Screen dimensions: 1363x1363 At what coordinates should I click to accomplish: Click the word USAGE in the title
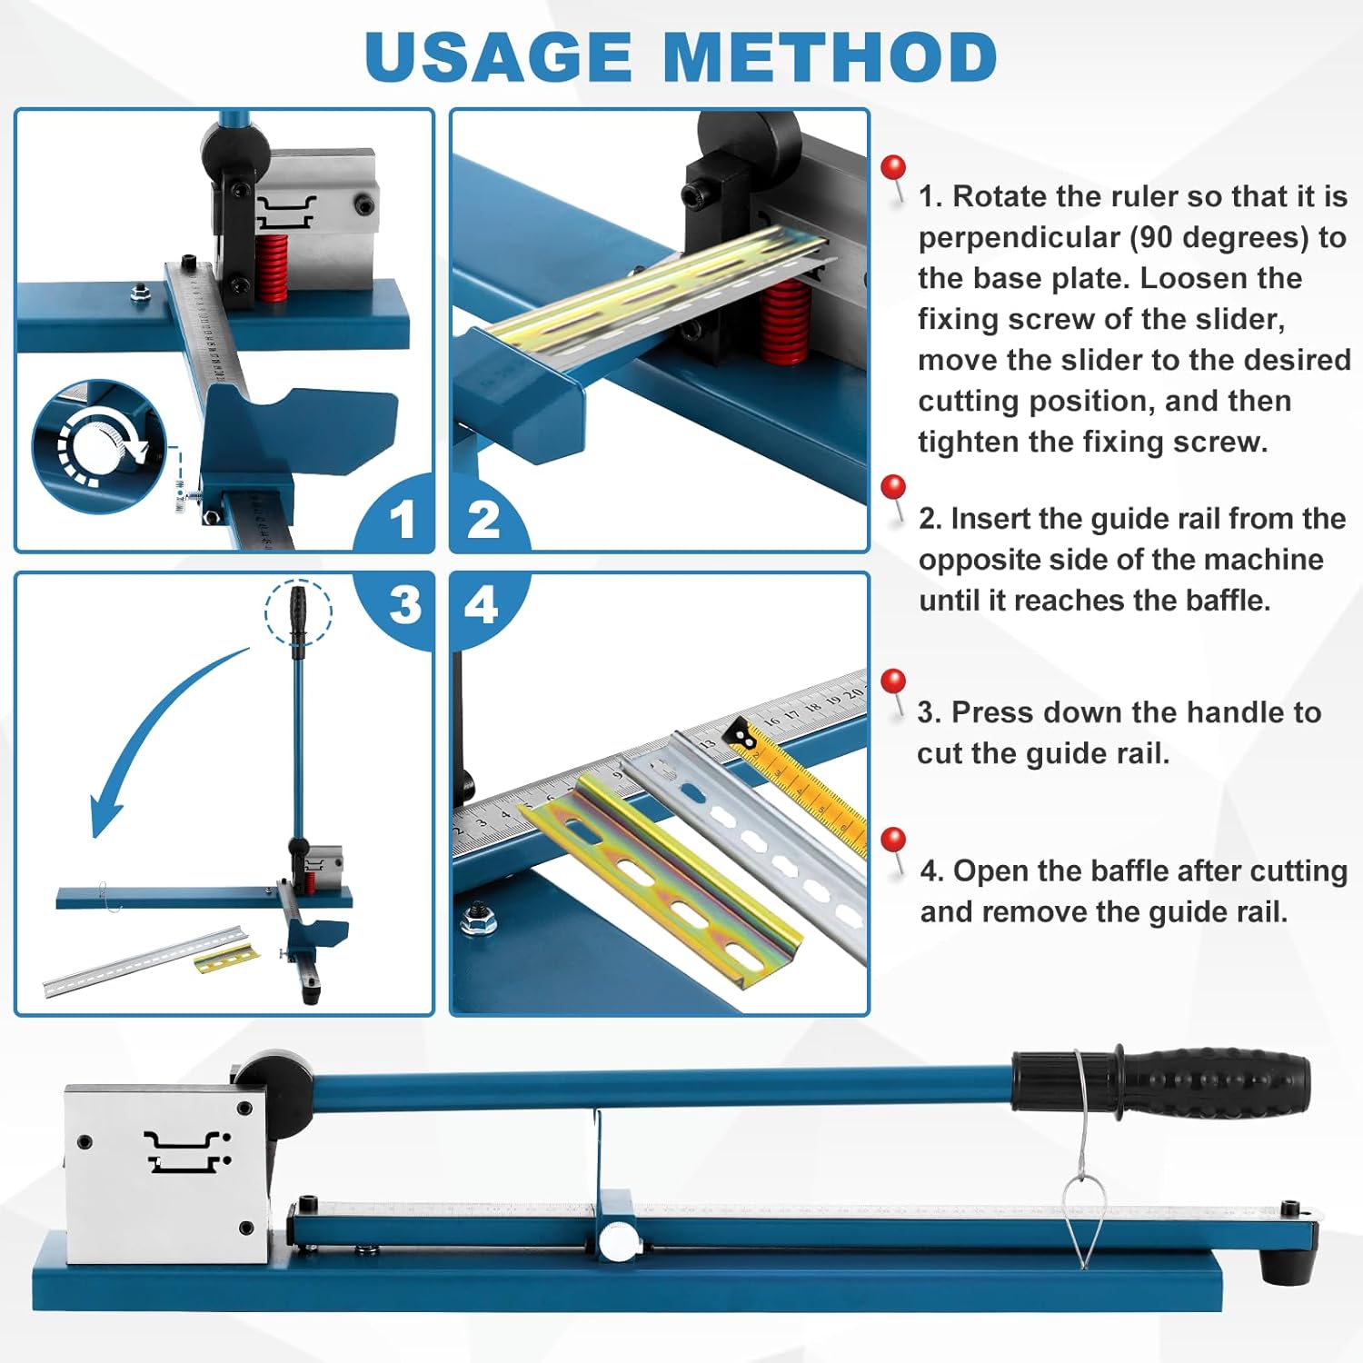tap(498, 56)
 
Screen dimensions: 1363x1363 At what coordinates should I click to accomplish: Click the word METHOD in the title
tap(831, 56)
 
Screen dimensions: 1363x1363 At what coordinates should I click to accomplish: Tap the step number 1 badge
tap(402, 519)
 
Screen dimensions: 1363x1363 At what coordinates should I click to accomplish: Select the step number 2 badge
tap(483, 519)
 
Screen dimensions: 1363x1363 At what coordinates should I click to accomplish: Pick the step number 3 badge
tap(404, 604)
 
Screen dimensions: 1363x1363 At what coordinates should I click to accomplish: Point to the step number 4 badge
tap(481, 604)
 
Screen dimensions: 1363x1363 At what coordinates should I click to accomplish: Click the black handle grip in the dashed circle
tap(298, 612)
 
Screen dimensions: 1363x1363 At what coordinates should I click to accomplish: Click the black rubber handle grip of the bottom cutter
tap(1218, 1081)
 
